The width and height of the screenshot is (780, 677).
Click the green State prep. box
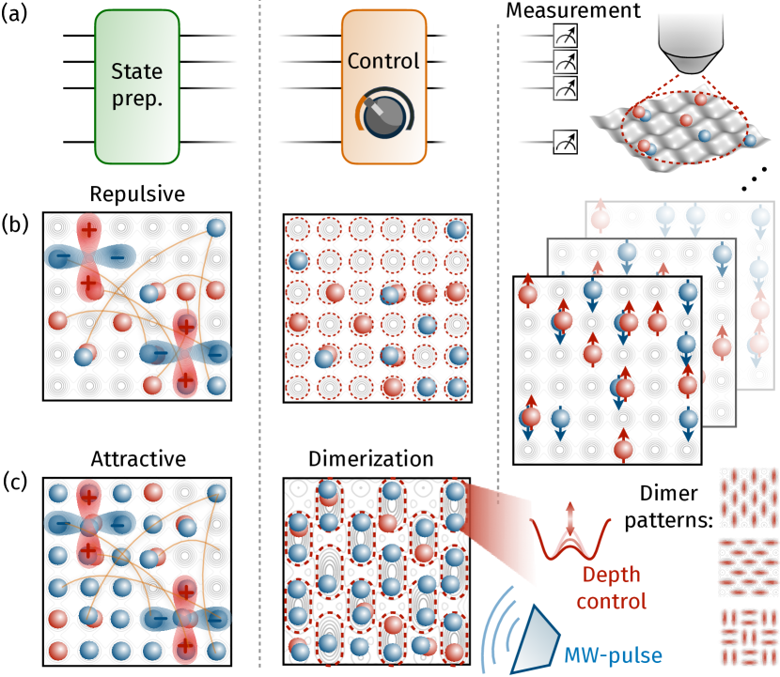(x=137, y=87)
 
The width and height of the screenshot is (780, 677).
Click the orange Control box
(x=383, y=87)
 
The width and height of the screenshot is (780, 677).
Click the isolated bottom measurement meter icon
(x=566, y=144)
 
